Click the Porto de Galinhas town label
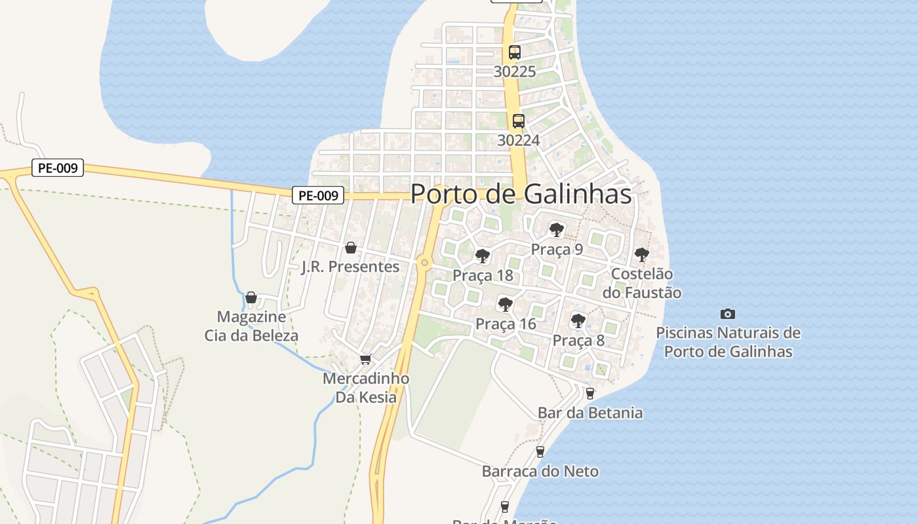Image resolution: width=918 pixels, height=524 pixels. pos(521,194)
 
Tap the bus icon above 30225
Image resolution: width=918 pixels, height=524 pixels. pos(515,52)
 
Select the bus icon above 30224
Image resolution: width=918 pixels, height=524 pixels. pos(519,121)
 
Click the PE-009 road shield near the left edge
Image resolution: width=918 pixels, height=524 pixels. pos(58,168)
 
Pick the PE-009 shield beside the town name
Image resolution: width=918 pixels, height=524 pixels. pos(318,195)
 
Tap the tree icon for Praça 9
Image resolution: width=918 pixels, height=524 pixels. pos(557,230)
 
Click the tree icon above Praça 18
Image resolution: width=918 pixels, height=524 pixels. pos(483,255)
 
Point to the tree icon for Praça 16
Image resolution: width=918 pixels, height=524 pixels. pos(505,304)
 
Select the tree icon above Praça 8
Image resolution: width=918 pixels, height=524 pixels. pos(578,320)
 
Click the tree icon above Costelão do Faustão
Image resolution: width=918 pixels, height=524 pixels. pos(642,255)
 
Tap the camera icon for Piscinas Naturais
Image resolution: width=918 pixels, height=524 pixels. pos(728,314)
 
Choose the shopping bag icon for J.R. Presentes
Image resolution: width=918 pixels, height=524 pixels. pos(351,248)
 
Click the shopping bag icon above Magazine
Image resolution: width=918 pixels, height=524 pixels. pos(251,297)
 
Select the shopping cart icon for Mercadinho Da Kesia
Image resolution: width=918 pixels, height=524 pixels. pos(365,359)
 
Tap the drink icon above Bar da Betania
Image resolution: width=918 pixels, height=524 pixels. pos(589,393)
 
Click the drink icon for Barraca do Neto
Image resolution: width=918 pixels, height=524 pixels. pos(540,451)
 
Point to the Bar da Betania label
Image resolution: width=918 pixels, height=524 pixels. pos(590,413)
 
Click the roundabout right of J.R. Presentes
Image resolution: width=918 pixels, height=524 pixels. pos(425,263)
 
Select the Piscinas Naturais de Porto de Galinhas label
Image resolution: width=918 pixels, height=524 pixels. pos(728,342)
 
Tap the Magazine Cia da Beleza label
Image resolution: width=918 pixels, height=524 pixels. pos(251,326)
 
